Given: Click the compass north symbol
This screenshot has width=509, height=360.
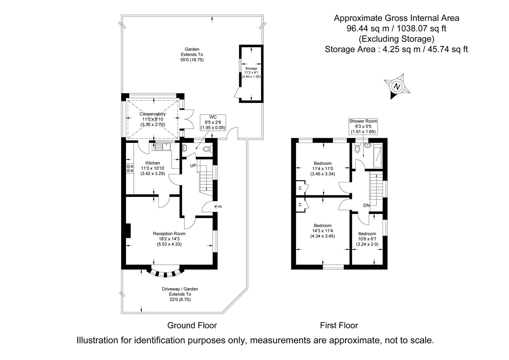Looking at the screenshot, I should point(397,86).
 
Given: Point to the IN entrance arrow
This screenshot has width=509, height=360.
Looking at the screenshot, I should point(217,207).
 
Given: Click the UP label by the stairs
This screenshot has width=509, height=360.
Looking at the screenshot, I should point(193,166).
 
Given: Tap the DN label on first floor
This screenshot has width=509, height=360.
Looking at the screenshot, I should point(367,205).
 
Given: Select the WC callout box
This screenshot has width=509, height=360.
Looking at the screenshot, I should point(213,122).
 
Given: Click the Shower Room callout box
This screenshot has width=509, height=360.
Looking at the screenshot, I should point(363,126).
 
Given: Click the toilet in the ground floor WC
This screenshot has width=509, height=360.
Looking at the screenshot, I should point(207,150).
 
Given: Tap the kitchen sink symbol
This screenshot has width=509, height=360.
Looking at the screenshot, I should point(163,146).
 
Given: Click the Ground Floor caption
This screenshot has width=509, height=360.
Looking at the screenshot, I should point(192,325).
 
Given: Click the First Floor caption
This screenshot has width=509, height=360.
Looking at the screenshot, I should point(339,325).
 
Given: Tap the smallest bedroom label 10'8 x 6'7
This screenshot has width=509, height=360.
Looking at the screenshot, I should point(367,239).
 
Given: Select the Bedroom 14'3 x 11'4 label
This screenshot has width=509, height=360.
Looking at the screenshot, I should point(323,231).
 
